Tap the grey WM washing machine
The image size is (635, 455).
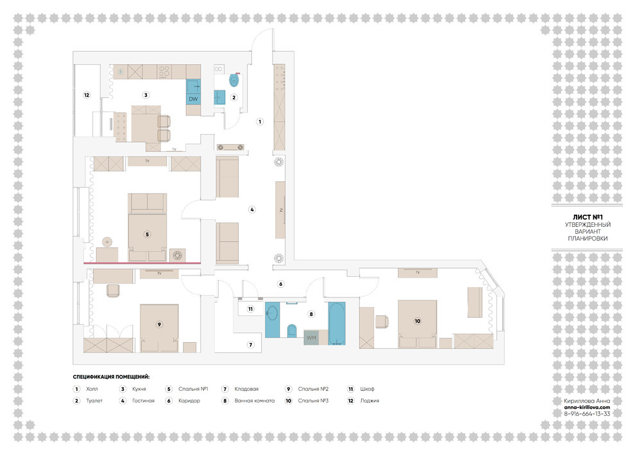[311, 338]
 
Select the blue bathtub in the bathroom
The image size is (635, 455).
[337, 324]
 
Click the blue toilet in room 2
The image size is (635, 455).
[234, 80]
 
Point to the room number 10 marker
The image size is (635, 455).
[418, 321]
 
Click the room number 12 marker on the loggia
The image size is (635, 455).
[86, 95]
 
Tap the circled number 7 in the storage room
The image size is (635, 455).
[251, 345]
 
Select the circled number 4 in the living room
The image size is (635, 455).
[252, 210]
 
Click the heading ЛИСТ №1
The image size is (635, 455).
[588, 217]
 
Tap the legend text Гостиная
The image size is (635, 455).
[144, 401]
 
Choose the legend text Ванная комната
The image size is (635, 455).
[255, 401]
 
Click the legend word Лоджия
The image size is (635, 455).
[369, 401]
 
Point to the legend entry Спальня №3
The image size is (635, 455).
[313, 401]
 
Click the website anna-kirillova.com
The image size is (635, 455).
[587, 408]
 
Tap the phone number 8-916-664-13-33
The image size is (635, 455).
[587, 414]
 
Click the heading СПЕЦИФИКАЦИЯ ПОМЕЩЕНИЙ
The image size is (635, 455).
[111, 377]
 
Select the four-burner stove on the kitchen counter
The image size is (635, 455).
[164, 72]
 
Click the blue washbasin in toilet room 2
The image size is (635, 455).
[219, 97]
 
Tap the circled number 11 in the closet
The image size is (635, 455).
[250, 309]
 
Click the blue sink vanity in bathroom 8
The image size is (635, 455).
[273, 320]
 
